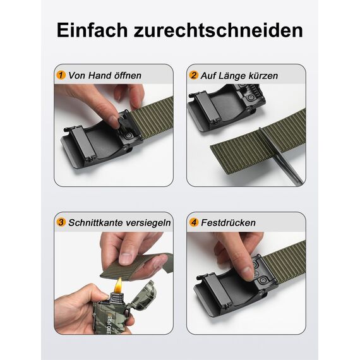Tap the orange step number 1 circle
(x=61, y=75)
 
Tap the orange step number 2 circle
(x=194, y=75)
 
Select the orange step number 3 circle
(x=61, y=222)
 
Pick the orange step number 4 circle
(x=194, y=222)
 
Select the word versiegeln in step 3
(x=147, y=223)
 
